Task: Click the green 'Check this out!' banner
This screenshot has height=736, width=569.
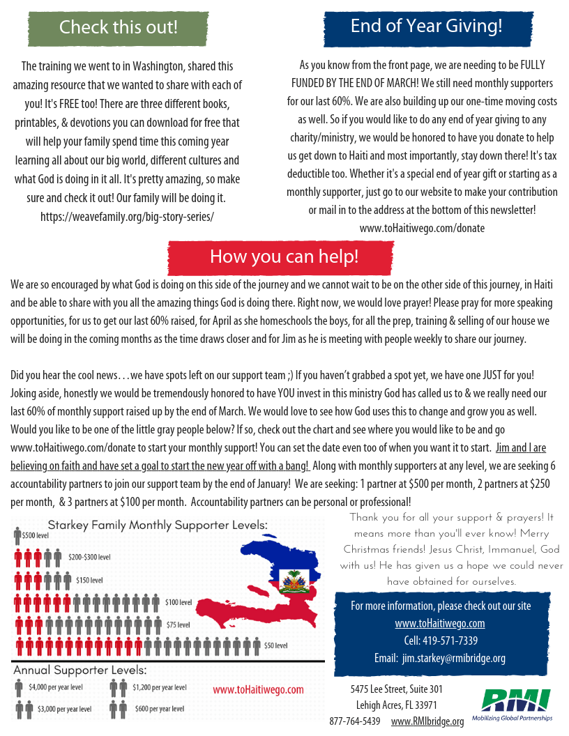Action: point(118,28)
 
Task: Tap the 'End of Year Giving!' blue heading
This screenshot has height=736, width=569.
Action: point(426,26)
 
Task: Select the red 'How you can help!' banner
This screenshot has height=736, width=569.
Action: point(284,256)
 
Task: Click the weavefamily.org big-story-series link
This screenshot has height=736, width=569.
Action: point(127,216)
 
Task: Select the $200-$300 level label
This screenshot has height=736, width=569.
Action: point(89,558)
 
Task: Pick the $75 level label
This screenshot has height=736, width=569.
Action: point(179,624)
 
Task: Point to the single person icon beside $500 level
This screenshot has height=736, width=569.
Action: point(18,536)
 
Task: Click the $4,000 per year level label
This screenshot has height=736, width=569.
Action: point(56,687)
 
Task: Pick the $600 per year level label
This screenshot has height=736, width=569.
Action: point(160,709)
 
